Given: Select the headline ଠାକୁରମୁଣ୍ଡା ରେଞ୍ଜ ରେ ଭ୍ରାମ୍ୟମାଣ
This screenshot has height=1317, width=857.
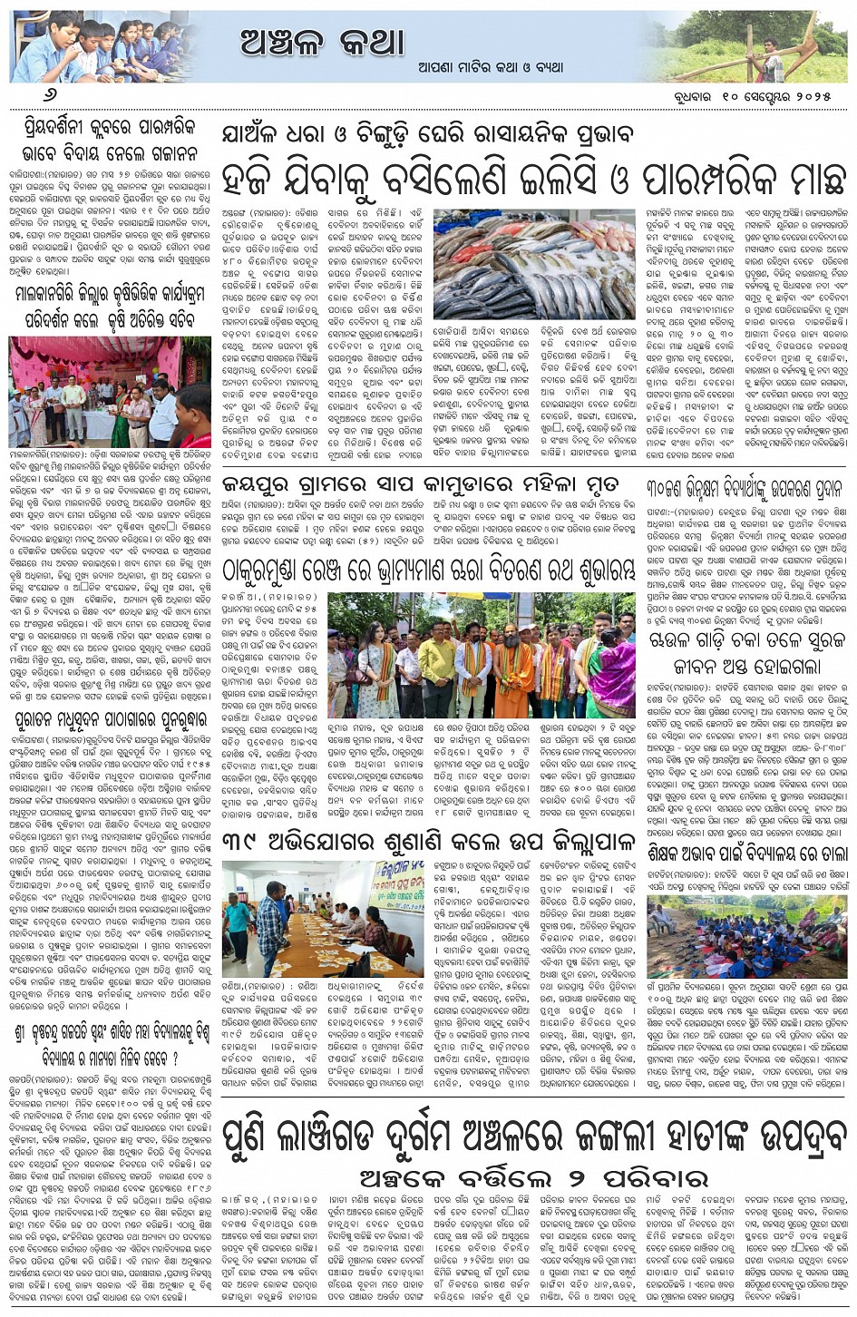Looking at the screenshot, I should (x=429, y=569).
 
